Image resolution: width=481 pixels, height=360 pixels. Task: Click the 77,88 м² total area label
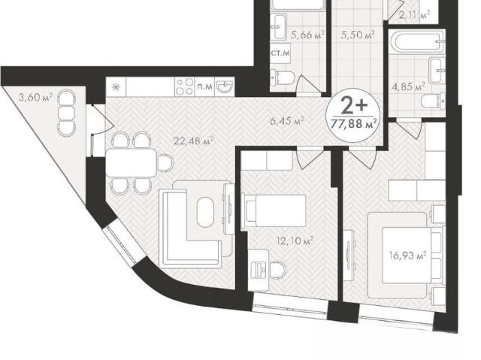[x=354, y=123]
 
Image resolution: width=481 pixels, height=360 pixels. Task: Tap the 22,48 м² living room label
[x=193, y=141]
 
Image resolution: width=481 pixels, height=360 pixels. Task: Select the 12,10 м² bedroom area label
[x=295, y=241]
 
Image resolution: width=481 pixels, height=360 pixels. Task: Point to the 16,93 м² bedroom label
[x=408, y=255]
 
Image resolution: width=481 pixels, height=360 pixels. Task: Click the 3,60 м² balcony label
[x=35, y=97]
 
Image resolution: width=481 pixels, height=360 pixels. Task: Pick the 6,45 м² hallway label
[x=287, y=120]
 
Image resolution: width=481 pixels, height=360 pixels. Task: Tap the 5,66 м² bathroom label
[x=307, y=35]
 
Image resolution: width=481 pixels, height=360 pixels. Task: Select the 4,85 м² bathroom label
[x=408, y=86]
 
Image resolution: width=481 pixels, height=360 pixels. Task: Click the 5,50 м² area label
[x=358, y=35]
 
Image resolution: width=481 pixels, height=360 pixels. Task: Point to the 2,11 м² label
[x=415, y=15]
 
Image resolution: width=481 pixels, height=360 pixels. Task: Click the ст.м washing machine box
[x=280, y=53]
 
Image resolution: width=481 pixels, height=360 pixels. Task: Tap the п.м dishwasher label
[x=204, y=86]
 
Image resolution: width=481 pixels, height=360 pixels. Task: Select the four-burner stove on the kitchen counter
[x=184, y=86]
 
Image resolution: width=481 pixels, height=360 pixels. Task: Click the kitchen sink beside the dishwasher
[x=225, y=86]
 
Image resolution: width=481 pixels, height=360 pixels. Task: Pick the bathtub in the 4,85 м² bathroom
[x=417, y=41]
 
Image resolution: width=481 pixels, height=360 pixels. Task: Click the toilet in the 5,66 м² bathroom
[x=282, y=77]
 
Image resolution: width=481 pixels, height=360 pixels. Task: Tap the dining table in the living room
[x=131, y=162]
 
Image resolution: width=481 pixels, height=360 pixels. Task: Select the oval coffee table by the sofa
[x=204, y=212]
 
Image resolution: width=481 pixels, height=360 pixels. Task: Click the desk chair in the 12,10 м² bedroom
[x=277, y=270]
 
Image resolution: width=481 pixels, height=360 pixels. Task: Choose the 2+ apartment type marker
[x=354, y=105]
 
